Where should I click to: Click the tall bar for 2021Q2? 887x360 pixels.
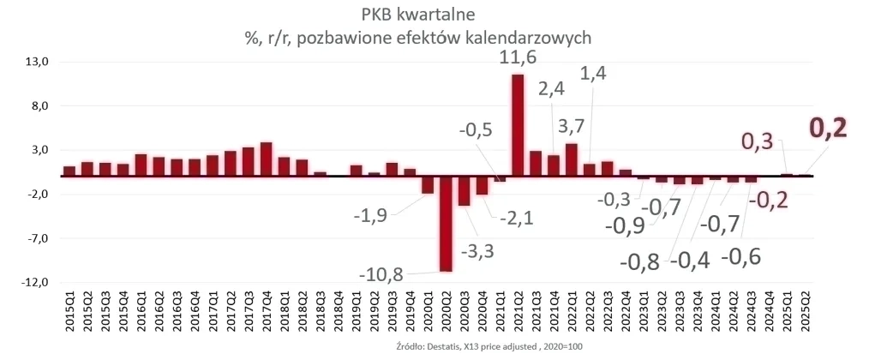(x=518, y=125)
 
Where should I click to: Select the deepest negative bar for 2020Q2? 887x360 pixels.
(x=446, y=224)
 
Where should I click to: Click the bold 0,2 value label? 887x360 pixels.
(x=829, y=128)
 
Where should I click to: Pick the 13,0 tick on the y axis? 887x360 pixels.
(x=41, y=63)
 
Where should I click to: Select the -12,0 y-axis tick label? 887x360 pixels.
(x=39, y=283)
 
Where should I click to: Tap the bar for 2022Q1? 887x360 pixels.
(x=571, y=159)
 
